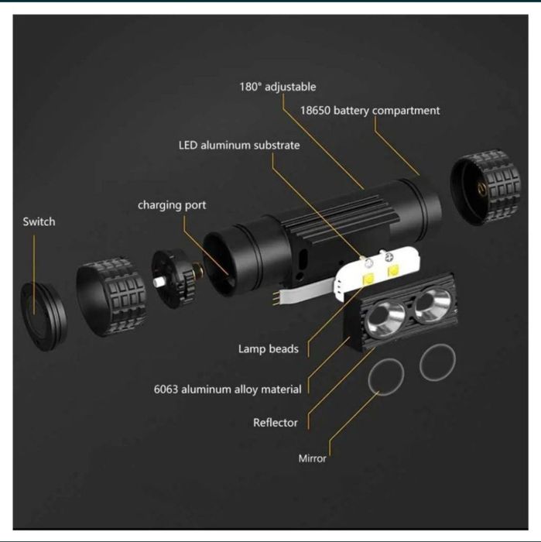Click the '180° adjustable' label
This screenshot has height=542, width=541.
pos(277,87)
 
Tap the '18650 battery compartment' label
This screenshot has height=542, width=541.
pos(370,111)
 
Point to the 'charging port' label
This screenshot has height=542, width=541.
pos(172,205)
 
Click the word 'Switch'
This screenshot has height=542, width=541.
pos(39,221)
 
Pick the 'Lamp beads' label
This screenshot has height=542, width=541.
pos(268,348)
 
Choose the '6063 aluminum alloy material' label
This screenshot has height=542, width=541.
pos(228,389)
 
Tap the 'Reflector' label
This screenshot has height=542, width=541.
pos(276,423)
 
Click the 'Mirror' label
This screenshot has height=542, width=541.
pos(313,458)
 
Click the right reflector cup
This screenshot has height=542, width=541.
pos(431,304)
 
